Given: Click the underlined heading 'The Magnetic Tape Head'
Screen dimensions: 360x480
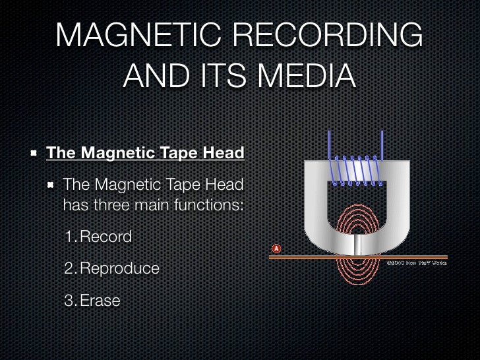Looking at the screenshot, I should (x=145, y=154).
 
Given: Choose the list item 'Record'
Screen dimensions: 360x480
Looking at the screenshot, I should (x=105, y=237).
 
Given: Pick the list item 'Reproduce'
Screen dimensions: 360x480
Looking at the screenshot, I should (x=119, y=269).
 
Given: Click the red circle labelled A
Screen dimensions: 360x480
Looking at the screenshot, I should (x=276, y=249).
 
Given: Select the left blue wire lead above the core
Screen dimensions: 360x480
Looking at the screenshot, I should (x=329, y=148).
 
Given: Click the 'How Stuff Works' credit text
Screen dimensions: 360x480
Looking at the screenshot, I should (x=416, y=263).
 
